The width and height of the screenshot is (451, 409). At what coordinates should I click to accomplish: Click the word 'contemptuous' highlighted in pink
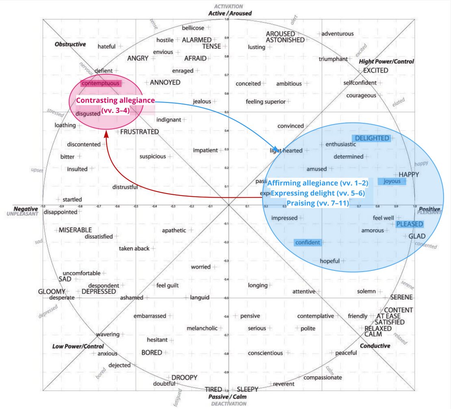tap(100, 83)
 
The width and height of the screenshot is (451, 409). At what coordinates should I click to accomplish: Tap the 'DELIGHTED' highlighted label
tap(372, 138)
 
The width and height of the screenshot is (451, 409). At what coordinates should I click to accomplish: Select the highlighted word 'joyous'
tap(392, 181)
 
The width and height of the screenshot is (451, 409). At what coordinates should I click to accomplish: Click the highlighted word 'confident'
tap(308, 243)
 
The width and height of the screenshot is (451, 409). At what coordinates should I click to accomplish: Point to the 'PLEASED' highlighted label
tap(410, 224)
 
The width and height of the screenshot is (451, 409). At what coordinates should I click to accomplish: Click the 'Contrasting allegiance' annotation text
tap(115, 100)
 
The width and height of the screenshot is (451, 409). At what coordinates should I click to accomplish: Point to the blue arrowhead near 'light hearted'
tap(276, 149)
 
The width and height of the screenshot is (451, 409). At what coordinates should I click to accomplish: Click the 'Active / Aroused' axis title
tap(230, 13)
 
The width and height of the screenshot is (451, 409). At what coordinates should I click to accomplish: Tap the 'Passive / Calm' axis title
tap(228, 397)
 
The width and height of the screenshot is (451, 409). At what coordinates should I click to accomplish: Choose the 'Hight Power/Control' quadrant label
tap(386, 61)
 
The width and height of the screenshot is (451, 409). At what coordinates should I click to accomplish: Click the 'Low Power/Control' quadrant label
tap(78, 346)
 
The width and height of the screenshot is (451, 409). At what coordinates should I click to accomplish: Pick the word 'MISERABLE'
tap(75, 230)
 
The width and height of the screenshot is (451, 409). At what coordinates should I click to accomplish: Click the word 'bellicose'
tap(193, 28)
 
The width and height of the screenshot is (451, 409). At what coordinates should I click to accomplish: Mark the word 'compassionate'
tap(323, 377)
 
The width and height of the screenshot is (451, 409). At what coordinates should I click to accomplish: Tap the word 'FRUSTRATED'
tap(139, 132)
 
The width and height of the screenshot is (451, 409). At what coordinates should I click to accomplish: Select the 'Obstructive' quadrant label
tap(70, 44)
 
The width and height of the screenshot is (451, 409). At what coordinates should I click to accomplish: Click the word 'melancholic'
tap(202, 328)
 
